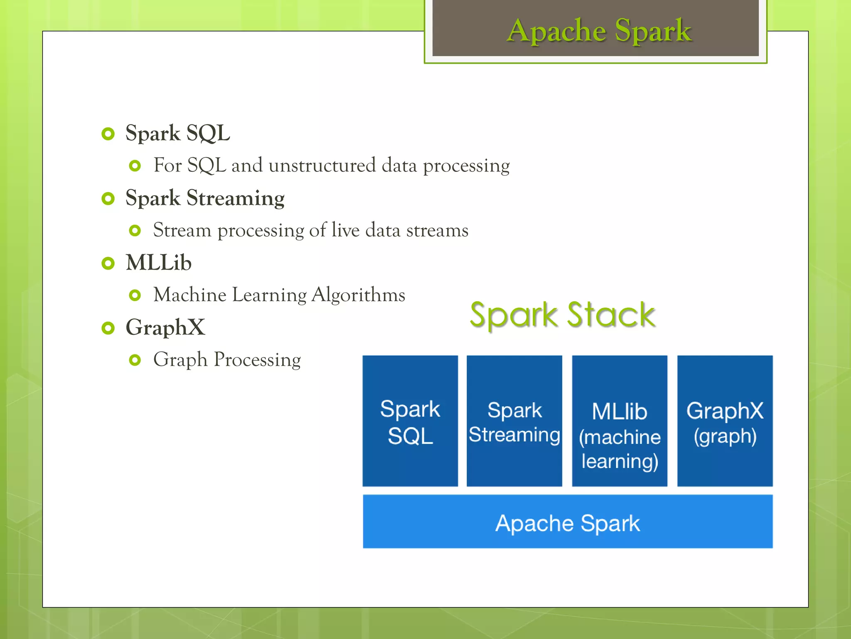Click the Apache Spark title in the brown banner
599,30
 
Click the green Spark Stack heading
562,315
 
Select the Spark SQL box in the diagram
410,421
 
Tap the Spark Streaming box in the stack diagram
514,421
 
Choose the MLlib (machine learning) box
620,421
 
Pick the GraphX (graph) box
725,421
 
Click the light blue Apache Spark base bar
568,522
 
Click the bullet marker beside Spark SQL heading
108,134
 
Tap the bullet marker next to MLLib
108,263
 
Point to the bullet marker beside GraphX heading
108,328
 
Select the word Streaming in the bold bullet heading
235,198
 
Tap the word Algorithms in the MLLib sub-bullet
358,295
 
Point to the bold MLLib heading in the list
159,263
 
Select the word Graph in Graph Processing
180,360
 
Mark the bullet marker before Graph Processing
135,360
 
